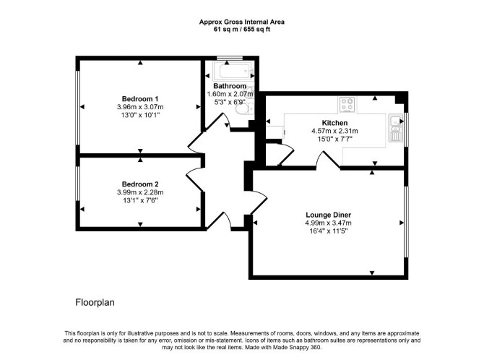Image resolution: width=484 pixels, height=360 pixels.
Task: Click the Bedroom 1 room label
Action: coord(140,99)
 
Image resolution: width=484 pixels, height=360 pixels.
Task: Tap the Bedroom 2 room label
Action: coord(140,184)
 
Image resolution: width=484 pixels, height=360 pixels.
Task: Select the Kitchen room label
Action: coord(334,123)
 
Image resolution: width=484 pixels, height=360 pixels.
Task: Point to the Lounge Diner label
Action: coord(329,215)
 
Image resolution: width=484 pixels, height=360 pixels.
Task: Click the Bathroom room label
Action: coord(230,86)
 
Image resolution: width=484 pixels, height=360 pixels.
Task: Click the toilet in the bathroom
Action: coord(244,108)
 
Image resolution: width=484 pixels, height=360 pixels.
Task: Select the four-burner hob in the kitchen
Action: coord(347,104)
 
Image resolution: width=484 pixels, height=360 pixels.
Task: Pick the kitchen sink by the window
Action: coord(395,128)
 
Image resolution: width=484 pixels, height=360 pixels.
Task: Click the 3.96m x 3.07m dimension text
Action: coord(140,107)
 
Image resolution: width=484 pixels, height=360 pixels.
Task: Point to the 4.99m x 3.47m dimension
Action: coord(329,223)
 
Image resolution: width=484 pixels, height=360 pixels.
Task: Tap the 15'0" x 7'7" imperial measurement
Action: coord(334,139)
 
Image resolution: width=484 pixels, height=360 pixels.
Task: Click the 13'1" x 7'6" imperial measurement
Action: coord(140,200)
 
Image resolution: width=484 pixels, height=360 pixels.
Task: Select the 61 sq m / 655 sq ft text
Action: coord(242,30)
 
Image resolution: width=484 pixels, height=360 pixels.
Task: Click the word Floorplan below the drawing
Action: coord(95,302)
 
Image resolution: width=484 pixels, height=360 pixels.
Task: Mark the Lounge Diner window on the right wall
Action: coord(406,221)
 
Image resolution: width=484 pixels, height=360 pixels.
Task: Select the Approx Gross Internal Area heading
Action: coord(242,22)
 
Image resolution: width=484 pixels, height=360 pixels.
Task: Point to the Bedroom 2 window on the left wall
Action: coord(78,184)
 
